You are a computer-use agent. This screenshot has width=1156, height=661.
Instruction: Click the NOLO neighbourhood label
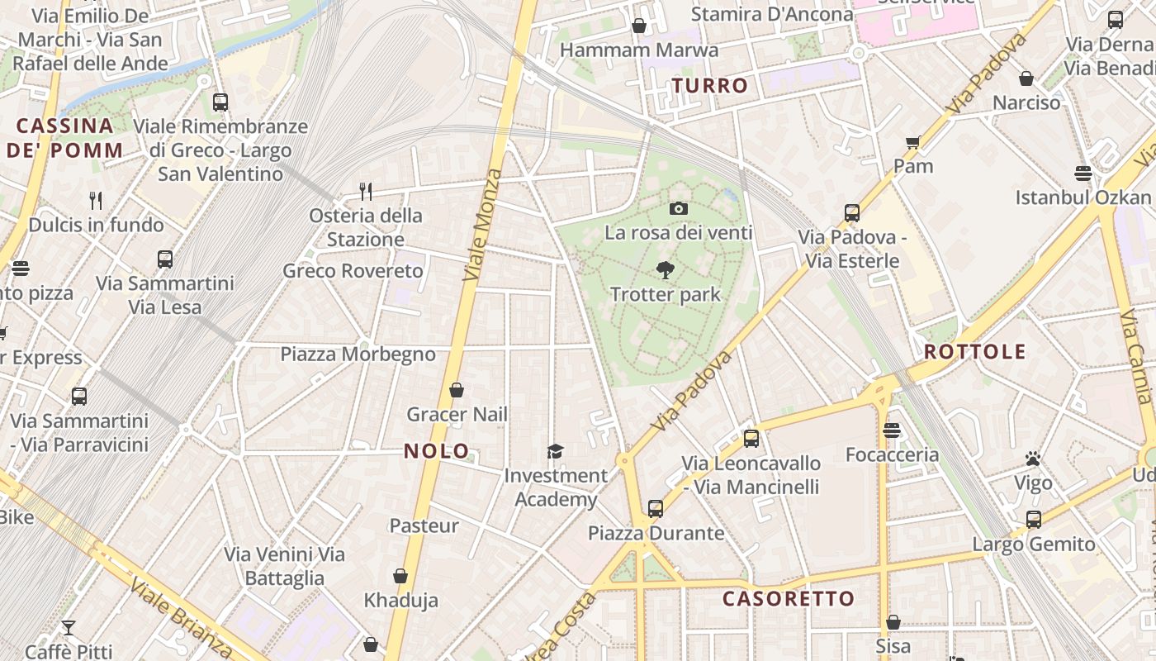(x=437, y=451)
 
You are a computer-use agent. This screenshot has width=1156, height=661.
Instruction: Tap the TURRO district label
(x=709, y=85)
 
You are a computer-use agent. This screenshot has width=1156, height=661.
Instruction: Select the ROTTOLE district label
(x=974, y=351)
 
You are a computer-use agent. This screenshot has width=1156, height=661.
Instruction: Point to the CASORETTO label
(x=789, y=598)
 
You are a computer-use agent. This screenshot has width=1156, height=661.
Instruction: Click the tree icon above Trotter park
(x=665, y=270)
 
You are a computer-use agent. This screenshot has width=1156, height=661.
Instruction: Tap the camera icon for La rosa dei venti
(x=679, y=208)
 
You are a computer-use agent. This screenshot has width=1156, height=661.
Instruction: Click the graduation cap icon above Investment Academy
(x=555, y=451)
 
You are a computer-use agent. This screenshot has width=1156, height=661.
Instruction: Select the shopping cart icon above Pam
(x=912, y=142)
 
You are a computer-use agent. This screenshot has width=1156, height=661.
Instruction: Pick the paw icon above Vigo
(x=1032, y=459)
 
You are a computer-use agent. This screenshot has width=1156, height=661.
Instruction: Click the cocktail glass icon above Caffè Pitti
(x=69, y=628)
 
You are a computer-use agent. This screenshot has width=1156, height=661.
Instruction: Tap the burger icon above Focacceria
(x=891, y=430)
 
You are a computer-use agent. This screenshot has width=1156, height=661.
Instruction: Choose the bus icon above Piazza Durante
(x=656, y=508)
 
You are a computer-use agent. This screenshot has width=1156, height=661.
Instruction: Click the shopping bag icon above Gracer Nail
(x=457, y=390)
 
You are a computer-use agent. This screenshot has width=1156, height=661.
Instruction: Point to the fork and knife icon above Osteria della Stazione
(x=366, y=192)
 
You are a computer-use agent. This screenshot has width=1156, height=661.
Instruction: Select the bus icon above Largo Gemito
(x=1033, y=520)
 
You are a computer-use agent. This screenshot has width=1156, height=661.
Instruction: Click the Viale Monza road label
(x=483, y=225)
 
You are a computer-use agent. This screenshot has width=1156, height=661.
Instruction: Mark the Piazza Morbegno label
(x=358, y=354)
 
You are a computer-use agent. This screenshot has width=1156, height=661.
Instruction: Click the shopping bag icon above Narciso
(x=1026, y=78)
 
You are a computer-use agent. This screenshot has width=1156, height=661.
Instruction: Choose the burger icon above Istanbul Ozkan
(x=1083, y=173)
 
